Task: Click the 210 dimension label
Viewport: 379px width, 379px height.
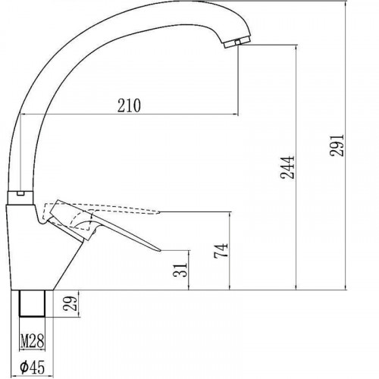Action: (x=129, y=105)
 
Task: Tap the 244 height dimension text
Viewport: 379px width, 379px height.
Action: (x=287, y=168)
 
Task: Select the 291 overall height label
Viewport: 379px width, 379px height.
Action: (x=337, y=146)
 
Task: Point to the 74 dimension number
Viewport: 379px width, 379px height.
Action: (x=221, y=251)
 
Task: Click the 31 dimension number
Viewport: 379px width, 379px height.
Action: (x=180, y=270)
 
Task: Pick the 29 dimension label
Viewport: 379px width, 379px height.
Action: (x=70, y=303)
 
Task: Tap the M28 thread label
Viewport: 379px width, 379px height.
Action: (x=32, y=341)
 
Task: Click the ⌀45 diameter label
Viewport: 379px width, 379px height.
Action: (x=33, y=367)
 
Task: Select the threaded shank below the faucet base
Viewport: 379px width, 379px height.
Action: (x=33, y=303)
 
